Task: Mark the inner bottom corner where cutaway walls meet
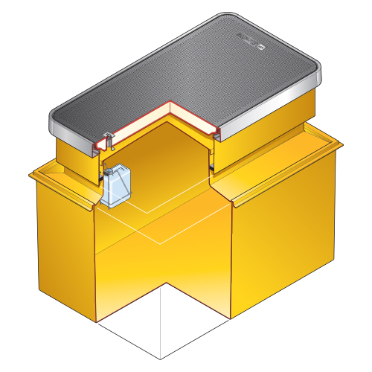[x=163, y=283]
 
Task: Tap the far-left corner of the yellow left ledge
[x=30, y=176]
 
